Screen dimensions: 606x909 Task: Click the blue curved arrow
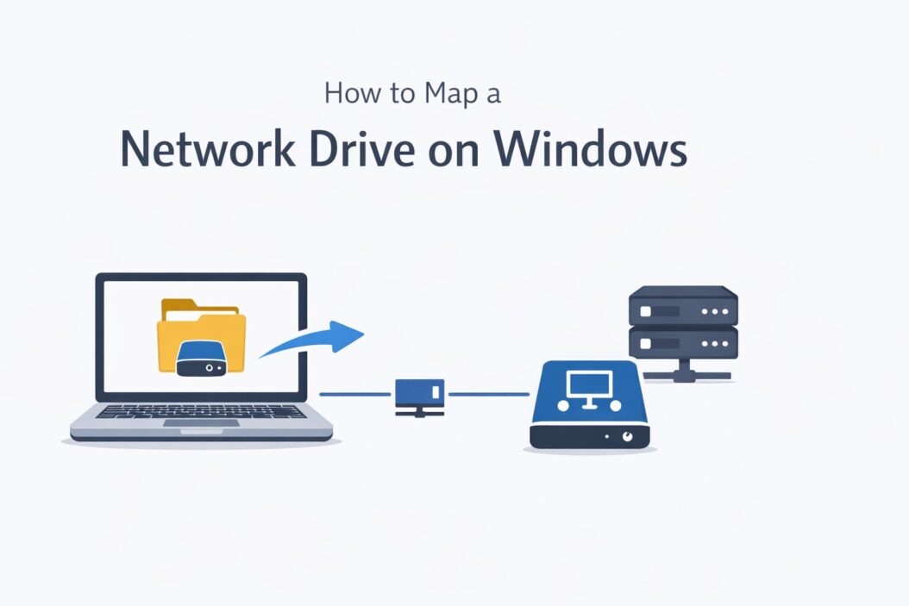pyautogui.click(x=315, y=340)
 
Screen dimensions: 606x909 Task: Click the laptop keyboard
pyautogui.click(x=201, y=411)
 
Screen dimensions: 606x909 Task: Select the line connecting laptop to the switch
pyautogui.click(x=355, y=395)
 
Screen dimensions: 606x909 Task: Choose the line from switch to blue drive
pyautogui.click(x=488, y=395)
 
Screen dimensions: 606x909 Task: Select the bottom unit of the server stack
pyautogui.click(x=684, y=341)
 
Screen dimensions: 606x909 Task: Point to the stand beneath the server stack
pyautogui.click(x=684, y=371)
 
